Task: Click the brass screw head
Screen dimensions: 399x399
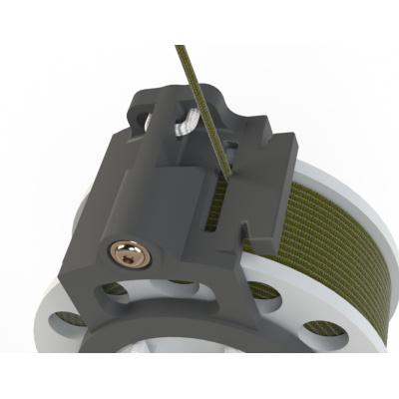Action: (132, 256)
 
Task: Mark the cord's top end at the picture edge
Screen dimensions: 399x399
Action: (177, 47)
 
